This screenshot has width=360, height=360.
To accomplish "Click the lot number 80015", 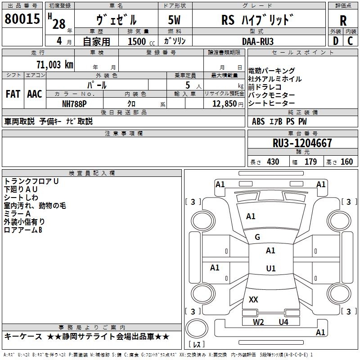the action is tap(22, 19).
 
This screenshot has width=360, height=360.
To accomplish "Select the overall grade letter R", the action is tap(343, 21).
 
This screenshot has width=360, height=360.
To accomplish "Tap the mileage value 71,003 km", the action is tap(55, 65).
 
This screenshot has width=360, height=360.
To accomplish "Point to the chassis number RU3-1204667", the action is tap(302, 143).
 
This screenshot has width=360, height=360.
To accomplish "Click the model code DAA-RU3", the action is tap(257, 41).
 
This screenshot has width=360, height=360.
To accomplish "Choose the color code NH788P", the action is tap(74, 104).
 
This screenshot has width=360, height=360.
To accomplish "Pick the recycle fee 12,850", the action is tap(224, 104).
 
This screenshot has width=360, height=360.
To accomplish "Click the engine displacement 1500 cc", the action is tap(141, 41).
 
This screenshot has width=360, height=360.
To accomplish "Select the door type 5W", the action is tap(174, 20).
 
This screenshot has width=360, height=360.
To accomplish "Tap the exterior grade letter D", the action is tap(336, 41).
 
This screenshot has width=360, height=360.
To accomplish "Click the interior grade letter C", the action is tap(350, 41).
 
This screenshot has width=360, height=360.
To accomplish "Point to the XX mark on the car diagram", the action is tap(253, 299).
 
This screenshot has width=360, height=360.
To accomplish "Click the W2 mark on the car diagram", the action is tap(258, 322).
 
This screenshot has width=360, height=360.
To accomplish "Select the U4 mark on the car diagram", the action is tap(283, 322).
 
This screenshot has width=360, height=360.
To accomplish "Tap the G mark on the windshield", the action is tap(257, 237).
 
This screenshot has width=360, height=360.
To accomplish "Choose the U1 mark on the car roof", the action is tap(271, 268).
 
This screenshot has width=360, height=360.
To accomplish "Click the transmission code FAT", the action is tap(13, 94).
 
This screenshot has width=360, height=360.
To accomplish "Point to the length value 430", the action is tap(273, 162).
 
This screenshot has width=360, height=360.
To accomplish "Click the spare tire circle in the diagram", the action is tap(197, 328).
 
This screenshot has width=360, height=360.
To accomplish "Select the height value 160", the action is tap(346, 162).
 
